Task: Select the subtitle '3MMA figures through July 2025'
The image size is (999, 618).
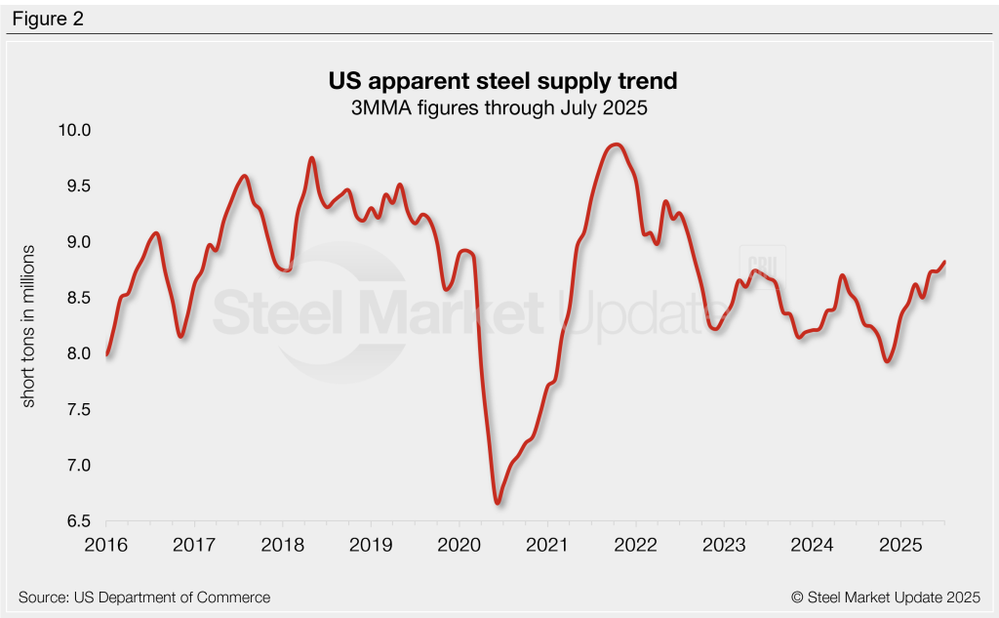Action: pyautogui.click(x=499, y=108)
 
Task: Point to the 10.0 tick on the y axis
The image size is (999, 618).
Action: pyautogui.click(x=72, y=130)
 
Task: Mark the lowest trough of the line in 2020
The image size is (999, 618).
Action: pyautogui.click(x=498, y=503)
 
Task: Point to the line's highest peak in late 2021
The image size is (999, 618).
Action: pyautogui.click(x=615, y=144)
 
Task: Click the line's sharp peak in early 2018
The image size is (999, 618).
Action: pyautogui.click(x=311, y=158)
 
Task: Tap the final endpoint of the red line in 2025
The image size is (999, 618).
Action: pyautogui.click(x=944, y=262)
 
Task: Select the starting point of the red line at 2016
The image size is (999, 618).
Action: pyautogui.click(x=106, y=353)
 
